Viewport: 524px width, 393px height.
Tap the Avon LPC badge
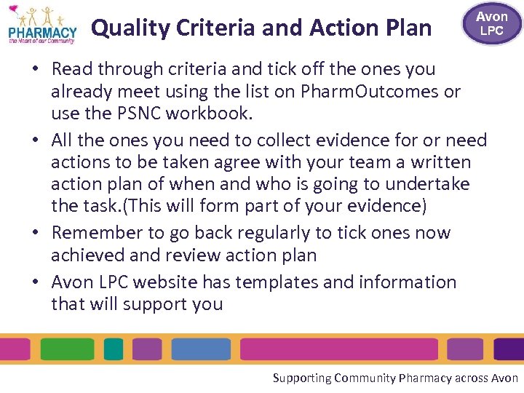(492, 23)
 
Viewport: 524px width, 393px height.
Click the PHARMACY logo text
(42, 32)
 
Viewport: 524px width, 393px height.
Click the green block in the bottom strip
(68, 349)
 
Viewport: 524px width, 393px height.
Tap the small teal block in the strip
(114, 349)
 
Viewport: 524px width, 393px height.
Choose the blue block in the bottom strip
(201, 349)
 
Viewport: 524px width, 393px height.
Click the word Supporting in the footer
(301, 378)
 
